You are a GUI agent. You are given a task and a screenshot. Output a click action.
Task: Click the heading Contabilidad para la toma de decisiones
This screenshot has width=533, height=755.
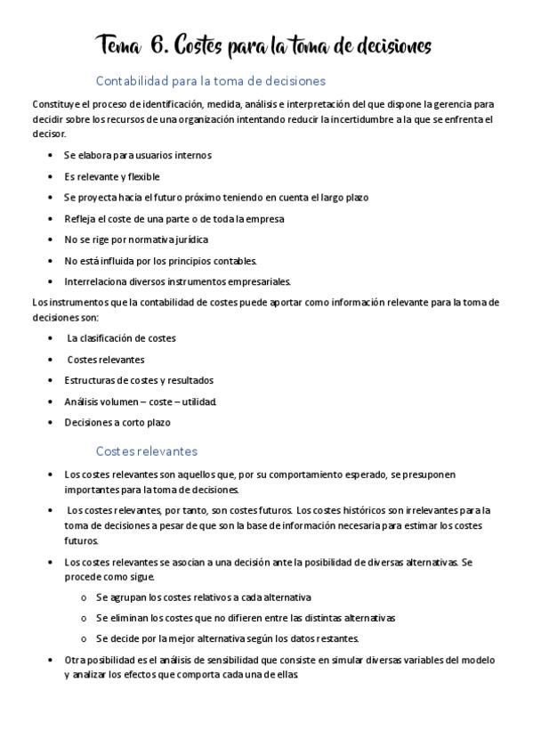[x=210, y=81]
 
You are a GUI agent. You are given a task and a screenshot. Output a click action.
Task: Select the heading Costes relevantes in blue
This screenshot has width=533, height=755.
[x=146, y=451]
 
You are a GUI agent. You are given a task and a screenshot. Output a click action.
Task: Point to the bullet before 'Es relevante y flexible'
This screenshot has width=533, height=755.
[x=50, y=176]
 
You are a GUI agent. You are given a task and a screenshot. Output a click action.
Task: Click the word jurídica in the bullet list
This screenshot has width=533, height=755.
[x=182, y=239]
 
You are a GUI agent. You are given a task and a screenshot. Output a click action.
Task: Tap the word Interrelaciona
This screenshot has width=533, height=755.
[x=94, y=281]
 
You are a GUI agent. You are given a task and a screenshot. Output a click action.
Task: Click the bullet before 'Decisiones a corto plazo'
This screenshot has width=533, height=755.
[x=50, y=422]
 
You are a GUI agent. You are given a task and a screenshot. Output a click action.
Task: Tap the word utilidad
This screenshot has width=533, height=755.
[x=197, y=402]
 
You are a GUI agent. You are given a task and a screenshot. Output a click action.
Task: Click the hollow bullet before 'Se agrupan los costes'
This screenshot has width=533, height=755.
[x=83, y=597]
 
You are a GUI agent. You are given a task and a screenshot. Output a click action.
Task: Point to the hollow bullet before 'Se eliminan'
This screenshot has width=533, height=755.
[x=83, y=617]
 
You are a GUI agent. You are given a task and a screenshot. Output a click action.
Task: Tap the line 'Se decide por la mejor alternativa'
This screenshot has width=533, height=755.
[x=227, y=638]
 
